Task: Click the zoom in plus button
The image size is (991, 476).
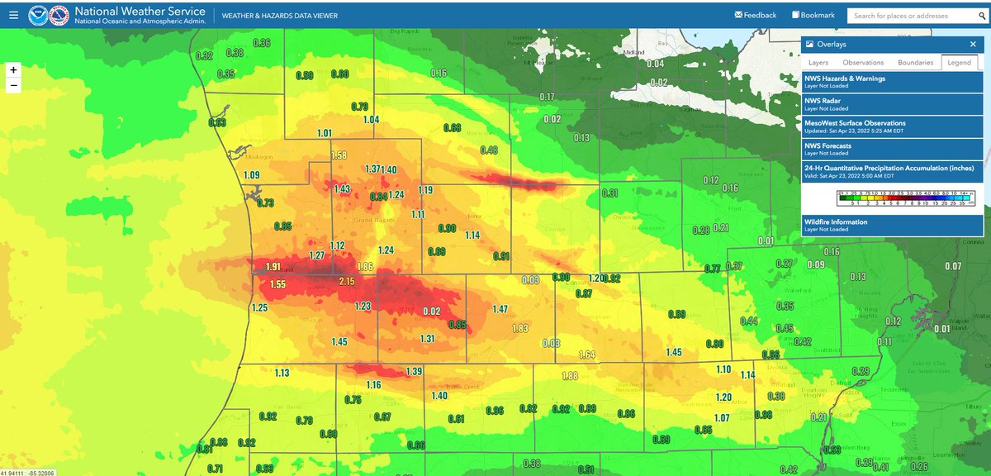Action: tap(13, 70)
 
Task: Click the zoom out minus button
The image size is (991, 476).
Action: tap(13, 86)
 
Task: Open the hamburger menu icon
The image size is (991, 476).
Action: tap(12, 15)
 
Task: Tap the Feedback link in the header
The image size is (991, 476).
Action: tap(755, 15)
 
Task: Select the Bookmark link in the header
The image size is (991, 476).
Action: tap(813, 15)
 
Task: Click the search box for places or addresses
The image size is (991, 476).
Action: tap(913, 16)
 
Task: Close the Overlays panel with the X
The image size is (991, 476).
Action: tap(973, 45)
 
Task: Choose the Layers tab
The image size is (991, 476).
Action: tap(818, 62)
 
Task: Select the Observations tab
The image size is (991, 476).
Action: tap(863, 62)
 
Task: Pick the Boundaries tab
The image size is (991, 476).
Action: tap(915, 62)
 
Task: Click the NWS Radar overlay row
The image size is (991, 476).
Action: tap(893, 103)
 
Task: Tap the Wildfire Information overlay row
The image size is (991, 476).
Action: tap(893, 225)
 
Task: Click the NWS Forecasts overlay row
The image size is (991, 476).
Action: tap(893, 149)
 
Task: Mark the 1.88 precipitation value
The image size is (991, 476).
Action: tap(569, 376)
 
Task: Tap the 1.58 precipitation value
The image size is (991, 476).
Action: tap(339, 155)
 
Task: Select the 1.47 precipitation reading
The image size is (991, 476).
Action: tap(500, 309)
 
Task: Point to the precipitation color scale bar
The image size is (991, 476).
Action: tap(893, 199)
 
